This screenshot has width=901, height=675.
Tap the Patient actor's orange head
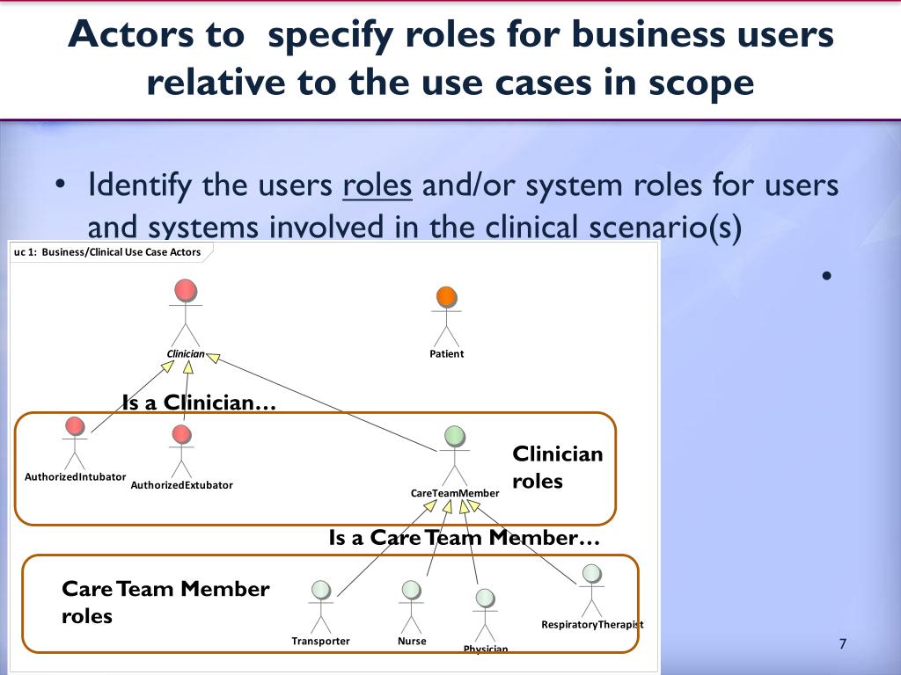(x=446, y=297)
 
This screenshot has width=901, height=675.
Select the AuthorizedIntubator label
(x=76, y=477)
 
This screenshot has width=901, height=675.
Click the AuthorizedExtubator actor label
(x=181, y=485)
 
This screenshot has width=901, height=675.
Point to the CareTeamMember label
(x=455, y=493)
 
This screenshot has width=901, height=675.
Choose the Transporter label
(x=320, y=641)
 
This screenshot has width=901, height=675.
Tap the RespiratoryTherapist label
(x=592, y=625)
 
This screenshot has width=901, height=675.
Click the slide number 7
(x=842, y=644)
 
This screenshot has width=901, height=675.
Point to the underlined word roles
(x=377, y=186)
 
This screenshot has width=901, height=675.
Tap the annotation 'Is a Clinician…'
(x=199, y=403)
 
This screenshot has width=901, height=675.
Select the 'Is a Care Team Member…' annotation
(x=465, y=538)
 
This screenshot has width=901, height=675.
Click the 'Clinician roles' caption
(x=558, y=468)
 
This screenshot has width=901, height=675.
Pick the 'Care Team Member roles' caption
(x=165, y=602)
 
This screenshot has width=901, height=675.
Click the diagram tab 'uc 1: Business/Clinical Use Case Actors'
(x=108, y=252)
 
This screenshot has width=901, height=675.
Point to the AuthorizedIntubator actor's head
(x=75, y=426)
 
